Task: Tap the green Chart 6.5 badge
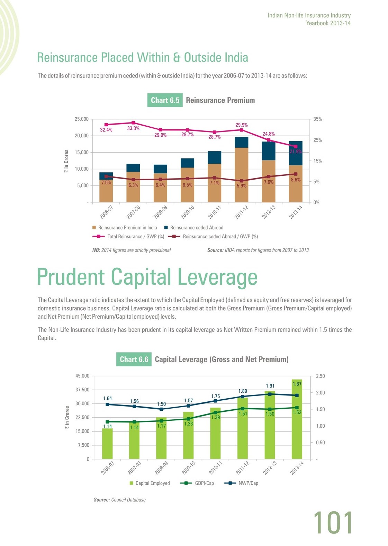165,100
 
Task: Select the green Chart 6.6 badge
134,359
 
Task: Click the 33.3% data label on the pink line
133,128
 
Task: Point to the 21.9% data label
296,152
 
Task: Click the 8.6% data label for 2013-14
296,180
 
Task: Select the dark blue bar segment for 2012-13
269,151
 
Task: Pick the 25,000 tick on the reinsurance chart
81,119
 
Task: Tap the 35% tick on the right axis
317,119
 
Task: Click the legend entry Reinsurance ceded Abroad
194,228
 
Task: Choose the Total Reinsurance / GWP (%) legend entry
128,236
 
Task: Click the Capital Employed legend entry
150,483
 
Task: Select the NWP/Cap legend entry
241,483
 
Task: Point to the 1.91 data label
270,386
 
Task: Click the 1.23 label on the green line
189,424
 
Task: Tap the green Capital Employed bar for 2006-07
107,444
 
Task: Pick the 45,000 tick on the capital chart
82,376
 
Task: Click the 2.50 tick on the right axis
320,376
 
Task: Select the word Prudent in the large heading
71,277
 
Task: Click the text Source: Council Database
119,500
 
